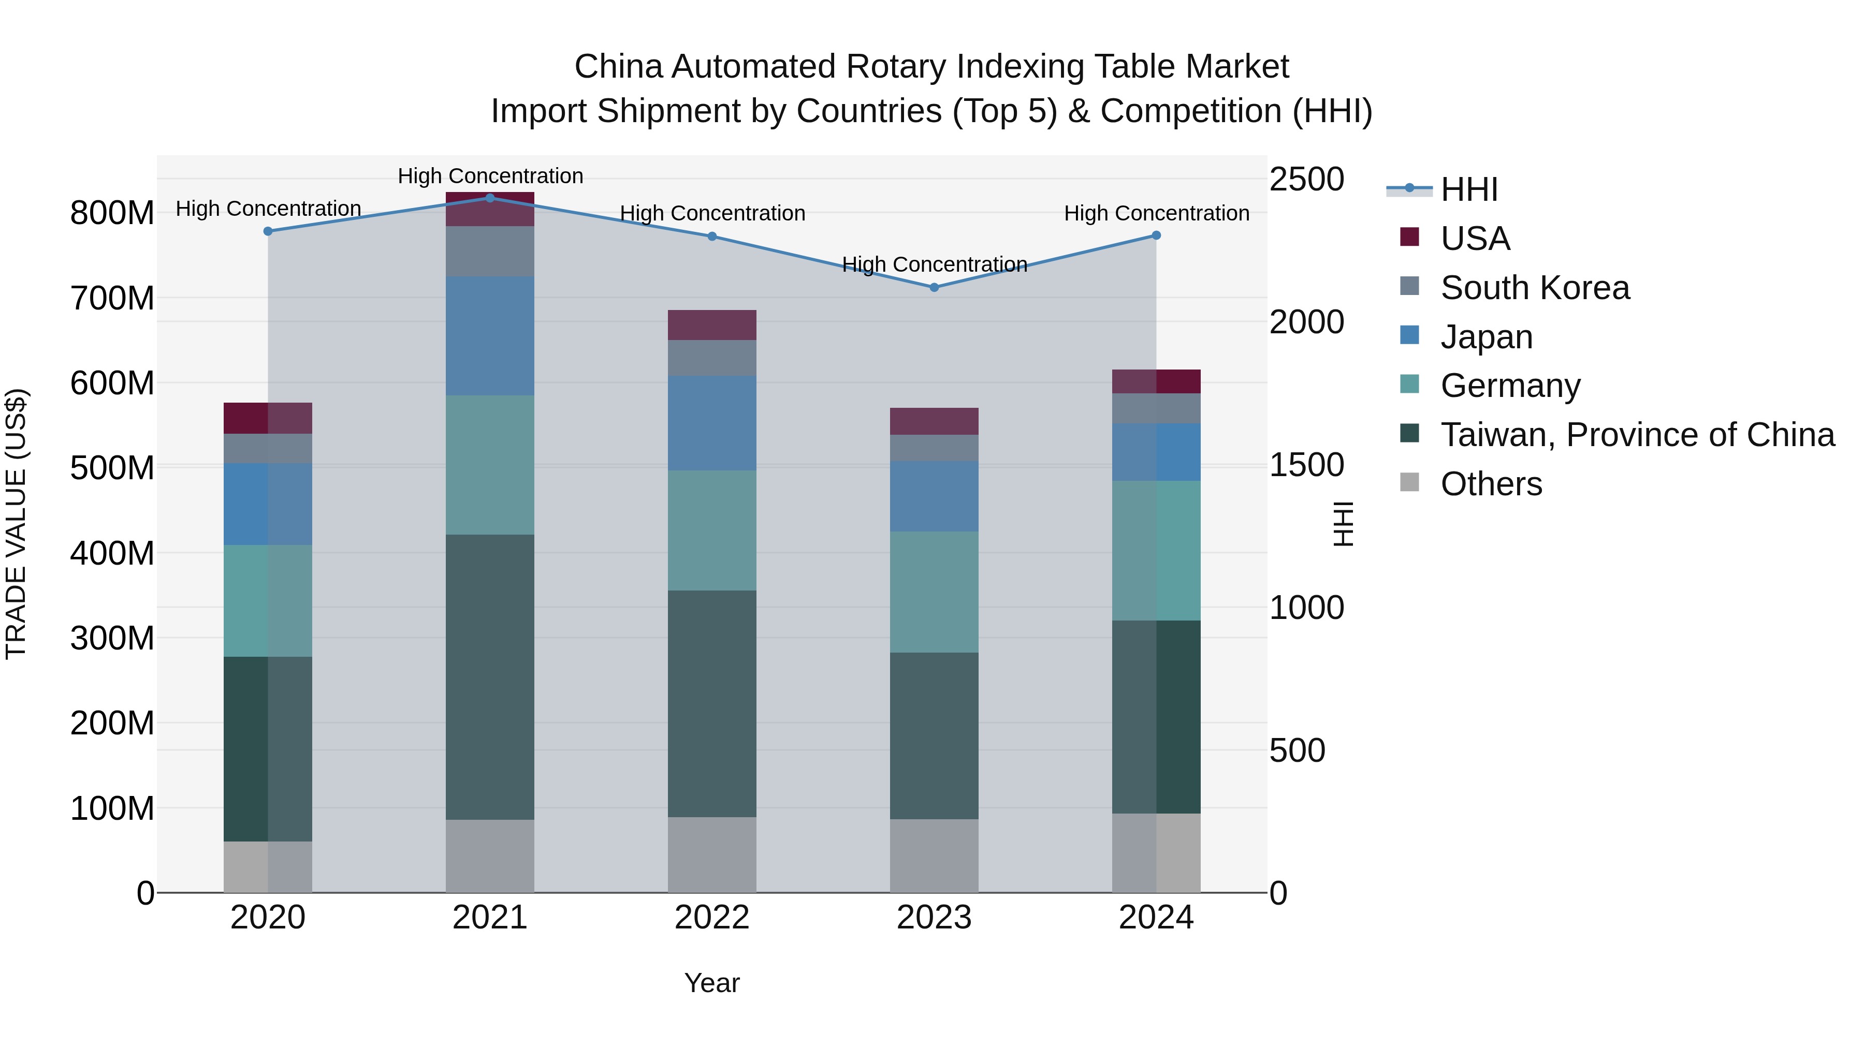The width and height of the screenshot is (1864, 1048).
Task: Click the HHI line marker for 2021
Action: click(x=490, y=198)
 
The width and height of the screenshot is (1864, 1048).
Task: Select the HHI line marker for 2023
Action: click(x=934, y=287)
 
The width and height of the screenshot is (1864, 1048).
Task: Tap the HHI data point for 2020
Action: click(x=268, y=231)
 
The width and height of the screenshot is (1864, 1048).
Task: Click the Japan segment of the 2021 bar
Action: click(x=490, y=335)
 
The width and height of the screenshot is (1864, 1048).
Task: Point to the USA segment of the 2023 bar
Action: click(x=934, y=421)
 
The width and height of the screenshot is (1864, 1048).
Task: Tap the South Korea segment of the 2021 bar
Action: click(x=490, y=251)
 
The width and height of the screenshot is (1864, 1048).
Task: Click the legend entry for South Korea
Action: click(x=1534, y=288)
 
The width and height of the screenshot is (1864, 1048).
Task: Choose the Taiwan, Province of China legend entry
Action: click(x=1637, y=435)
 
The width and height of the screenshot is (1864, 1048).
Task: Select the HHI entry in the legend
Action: click(x=1468, y=189)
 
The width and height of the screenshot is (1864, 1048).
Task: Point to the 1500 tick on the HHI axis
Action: click(x=1306, y=465)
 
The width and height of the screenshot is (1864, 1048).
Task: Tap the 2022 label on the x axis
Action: click(x=711, y=918)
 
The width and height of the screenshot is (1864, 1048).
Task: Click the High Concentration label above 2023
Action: click(x=934, y=264)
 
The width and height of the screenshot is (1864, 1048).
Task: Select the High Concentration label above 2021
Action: click(x=490, y=176)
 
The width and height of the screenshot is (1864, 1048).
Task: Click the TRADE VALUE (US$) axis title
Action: click(x=16, y=524)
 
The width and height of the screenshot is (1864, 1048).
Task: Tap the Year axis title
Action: click(x=711, y=983)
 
